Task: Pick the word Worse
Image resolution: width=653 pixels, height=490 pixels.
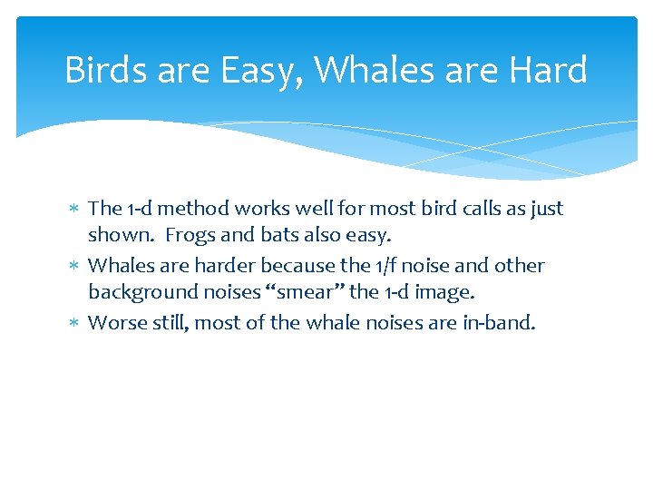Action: point(115,323)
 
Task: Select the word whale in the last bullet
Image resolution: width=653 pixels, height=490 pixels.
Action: point(338,323)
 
